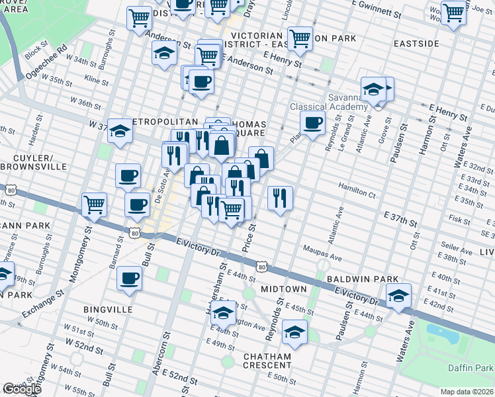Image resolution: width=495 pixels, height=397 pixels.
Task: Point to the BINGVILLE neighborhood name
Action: [x=107, y=309]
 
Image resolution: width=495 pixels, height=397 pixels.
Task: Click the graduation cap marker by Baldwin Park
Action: [x=398, y=295]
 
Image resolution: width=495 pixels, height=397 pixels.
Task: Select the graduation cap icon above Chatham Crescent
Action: [x=294, y=331]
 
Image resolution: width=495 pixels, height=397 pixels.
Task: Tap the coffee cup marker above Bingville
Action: [x=129, y=278]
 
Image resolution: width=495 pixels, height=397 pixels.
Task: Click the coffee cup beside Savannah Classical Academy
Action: [x=312, y=122]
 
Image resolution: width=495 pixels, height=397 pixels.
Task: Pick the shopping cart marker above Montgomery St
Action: [x=95, y=204]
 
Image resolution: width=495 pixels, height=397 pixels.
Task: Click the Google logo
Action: [x=22, y=389]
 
